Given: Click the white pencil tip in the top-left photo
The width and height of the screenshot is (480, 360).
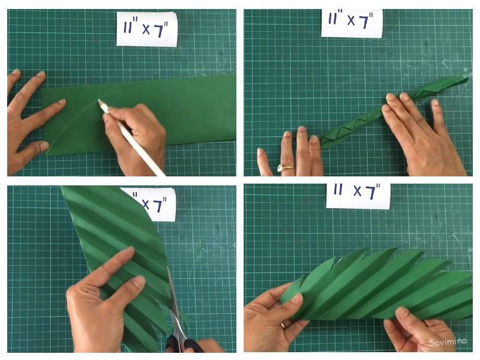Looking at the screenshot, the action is pos(99,101).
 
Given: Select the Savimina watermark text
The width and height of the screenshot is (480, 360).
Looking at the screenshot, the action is pos(448,341).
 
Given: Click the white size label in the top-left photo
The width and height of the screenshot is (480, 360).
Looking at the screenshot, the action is pos(146,29).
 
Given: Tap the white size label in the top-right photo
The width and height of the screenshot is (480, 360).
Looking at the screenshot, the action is pos(352,23).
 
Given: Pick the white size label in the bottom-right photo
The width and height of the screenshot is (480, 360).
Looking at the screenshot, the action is pos(358,196).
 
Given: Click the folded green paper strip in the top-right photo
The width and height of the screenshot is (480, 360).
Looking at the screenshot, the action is pos(395,112).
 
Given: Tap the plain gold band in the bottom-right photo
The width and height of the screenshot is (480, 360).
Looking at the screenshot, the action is pos(283,325).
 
